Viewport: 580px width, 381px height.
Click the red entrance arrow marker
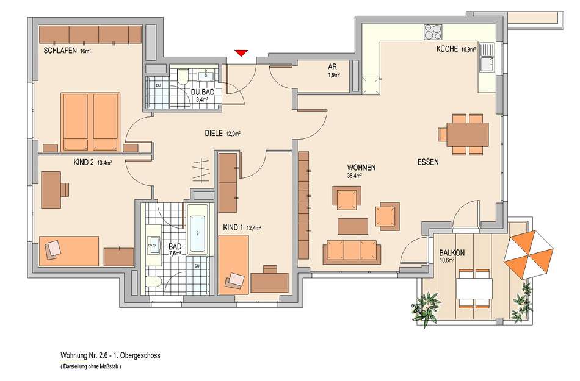pos(241,53)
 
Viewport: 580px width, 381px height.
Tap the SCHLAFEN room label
pos(60,51)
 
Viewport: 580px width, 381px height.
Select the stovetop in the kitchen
pos(433,32)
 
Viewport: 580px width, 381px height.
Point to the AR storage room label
pos(332,67)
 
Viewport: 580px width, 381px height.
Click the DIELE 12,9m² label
pos(223,134)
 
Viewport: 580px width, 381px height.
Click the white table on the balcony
pos(474,289)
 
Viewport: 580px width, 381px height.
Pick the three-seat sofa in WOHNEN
pos(352,252)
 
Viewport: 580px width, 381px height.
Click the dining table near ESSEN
pos(468,134)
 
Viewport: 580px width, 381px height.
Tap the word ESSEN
pos(428,162)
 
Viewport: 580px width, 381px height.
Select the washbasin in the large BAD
pos(153,244)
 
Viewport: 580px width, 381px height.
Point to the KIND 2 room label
pos(84,162)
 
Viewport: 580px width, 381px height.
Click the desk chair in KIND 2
pos(65,190)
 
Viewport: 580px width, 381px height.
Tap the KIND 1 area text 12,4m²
pos(254,228)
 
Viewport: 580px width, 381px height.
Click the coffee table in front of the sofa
pos(353,226)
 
